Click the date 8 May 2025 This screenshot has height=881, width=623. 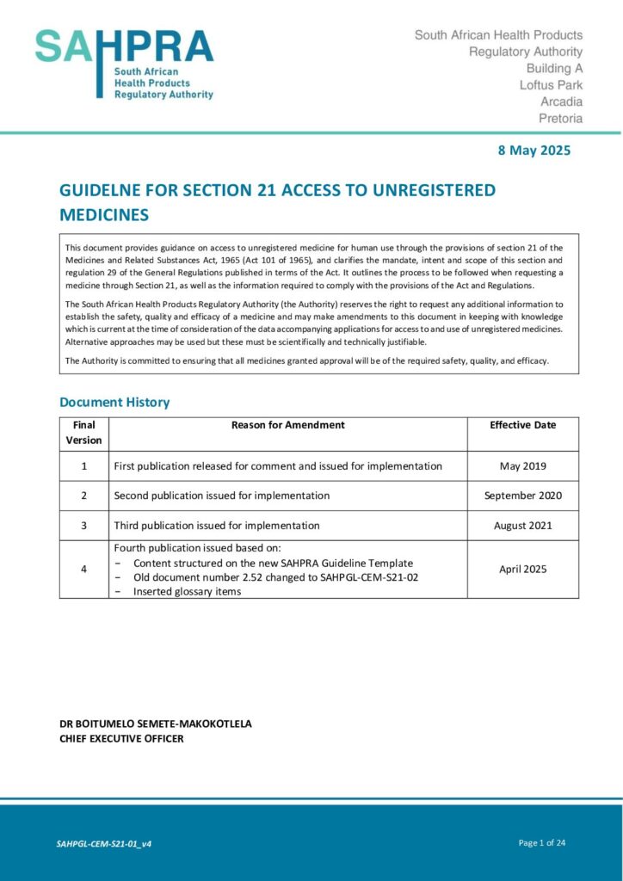coord(534,151)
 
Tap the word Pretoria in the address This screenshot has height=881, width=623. coord(560,119)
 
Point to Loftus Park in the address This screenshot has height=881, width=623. coord(551,85)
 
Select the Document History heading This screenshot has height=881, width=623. coord(114,402)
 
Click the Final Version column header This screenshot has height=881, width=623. coord(84,433)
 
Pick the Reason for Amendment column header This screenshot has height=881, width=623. coord(287,425)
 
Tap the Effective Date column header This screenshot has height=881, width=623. coord(522,425)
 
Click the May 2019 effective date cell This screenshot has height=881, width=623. coord(522,466)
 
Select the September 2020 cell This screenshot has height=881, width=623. coord(522,496)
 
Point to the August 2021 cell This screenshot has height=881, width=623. coord(522,526)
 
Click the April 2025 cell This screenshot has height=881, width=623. coord(522,570)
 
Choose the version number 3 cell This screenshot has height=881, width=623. coord(84,526)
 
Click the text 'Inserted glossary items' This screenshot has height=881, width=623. coord(188,592)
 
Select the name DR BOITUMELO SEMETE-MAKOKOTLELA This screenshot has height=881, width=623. coord(156,724)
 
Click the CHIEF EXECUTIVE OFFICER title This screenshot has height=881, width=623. coord(121,738)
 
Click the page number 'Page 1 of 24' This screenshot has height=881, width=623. coord(542,843)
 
